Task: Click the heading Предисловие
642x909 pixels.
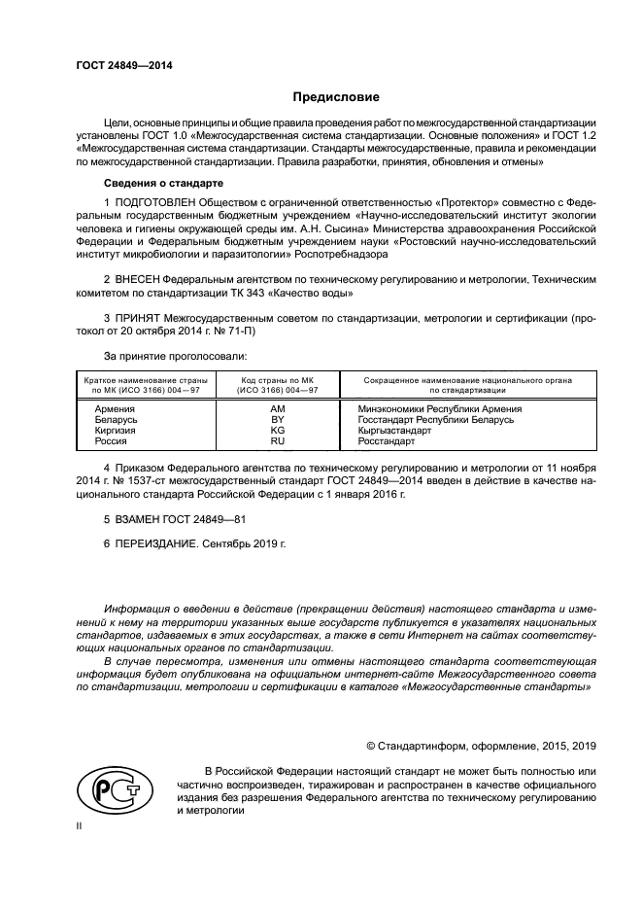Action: (x=336, y=97)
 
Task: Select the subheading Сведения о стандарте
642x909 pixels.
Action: (x=164, y=183)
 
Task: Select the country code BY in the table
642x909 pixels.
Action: (x=277, y=420)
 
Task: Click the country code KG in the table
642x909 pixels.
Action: (x=277, y=431)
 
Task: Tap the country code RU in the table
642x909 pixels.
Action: (x=277, y=441)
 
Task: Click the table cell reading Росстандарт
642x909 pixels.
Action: (x=387, y=441)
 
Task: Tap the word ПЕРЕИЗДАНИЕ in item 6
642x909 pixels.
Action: (x=156, y=544)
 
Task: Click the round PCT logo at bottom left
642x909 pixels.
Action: (x=110, y=791)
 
